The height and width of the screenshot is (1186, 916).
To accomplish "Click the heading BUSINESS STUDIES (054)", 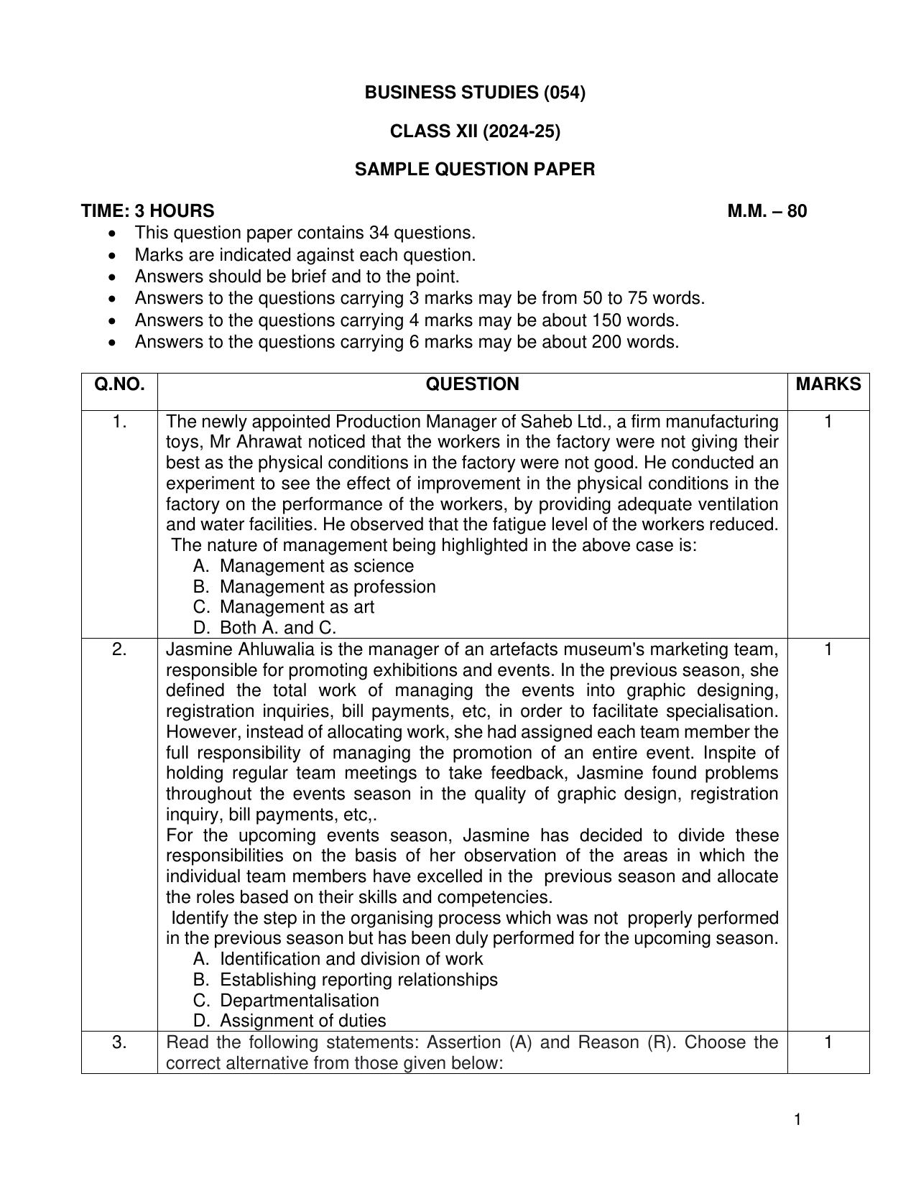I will [475, 93].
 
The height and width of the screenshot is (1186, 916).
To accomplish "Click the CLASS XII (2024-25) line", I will [475, 131].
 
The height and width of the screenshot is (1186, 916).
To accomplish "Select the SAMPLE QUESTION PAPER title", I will [475, 170].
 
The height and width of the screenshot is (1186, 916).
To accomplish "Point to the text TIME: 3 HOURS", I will [147, 211].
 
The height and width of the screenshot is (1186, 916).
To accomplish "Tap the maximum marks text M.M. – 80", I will [767, 211].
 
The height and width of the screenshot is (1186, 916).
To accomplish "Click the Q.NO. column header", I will [119, 384].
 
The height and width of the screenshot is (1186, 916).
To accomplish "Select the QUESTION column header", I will [472, 384].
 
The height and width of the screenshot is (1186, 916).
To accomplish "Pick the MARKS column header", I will [828, 384].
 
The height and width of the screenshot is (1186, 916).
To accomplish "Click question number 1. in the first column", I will [119, 422].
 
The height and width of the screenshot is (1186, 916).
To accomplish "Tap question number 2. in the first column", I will [119, 649].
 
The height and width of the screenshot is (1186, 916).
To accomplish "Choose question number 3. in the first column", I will [119, 1042].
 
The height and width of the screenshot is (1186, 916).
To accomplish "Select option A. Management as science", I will [304, 566].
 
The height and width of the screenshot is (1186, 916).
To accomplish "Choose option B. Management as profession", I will [315, 587].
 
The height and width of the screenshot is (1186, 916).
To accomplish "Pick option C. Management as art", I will [284, 607].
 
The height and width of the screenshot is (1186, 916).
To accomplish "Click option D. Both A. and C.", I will [264, 628].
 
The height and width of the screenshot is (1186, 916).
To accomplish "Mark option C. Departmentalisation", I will [286, 1001].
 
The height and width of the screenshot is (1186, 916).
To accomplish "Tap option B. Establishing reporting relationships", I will [346, 980].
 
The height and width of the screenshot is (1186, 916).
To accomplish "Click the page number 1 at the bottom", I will [798, 1120].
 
